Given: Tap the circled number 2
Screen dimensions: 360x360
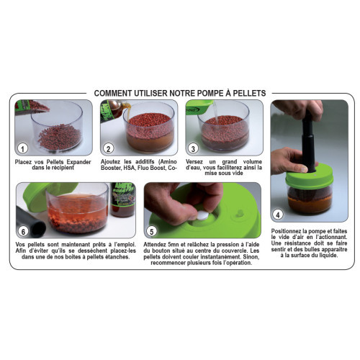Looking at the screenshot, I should [108, 149].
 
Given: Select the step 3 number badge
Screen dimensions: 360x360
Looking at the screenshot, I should [193, 149].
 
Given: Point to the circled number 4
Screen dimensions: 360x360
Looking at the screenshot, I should [279, 214].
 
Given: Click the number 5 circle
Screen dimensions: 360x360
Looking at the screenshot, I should [150, 231].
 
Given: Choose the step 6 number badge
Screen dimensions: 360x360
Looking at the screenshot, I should [24, 232].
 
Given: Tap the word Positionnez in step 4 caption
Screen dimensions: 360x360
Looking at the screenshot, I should [292, 231].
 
